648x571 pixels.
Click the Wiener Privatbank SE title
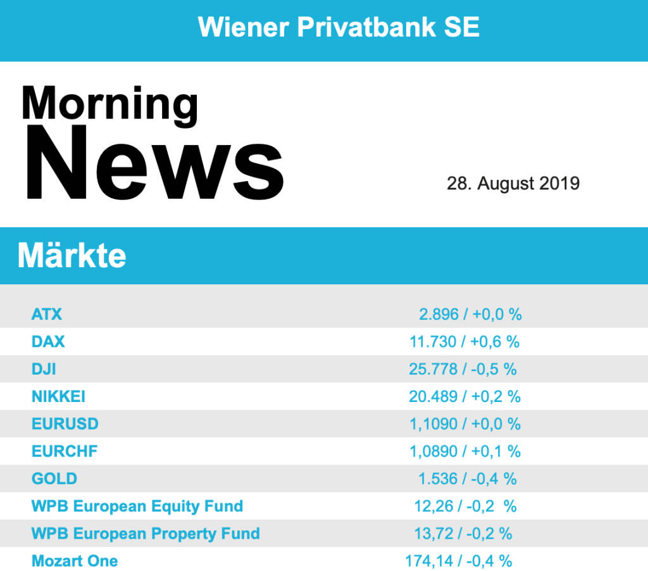point(339,27)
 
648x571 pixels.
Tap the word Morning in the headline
point(109,103)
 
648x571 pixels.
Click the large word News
point(154,163)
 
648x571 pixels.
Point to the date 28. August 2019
point(513,184)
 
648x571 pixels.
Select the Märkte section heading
point(72,256)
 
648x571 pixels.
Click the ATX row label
point(47,314)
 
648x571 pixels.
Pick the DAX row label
point(48,342)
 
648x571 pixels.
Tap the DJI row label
point(44,369)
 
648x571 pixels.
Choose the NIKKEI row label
point(58,397)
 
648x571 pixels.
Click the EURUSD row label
point(65,424)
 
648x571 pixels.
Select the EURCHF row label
point(65,451)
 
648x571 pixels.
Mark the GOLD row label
point(54,479)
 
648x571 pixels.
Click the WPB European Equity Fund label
point(137,506)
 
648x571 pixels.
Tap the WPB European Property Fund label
point(146,534)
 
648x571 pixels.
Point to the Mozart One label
point(75,561)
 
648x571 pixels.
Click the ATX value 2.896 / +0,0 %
point(470,314)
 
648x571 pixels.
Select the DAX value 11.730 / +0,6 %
point(464,342)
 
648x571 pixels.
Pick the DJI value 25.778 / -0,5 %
point(463,369)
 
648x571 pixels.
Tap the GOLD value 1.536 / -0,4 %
point(468,479)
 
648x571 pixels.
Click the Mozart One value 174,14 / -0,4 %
point(459,561)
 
